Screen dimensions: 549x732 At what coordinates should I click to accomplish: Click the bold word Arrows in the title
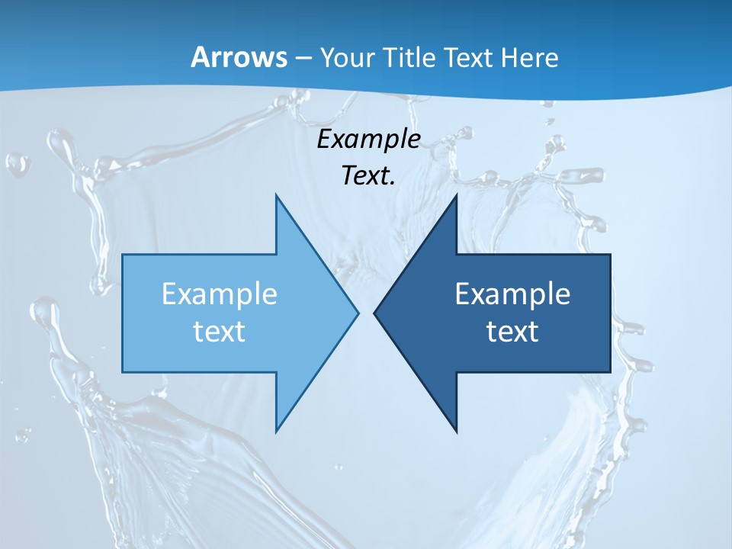coord(238,57)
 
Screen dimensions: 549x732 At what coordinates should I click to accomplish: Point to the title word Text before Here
coord(470,57)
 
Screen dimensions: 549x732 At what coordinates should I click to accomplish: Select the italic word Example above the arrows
coord(369,140)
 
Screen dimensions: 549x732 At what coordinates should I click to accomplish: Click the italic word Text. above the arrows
coord(369,176)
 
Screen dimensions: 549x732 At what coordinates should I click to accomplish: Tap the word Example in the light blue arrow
coord(220,294)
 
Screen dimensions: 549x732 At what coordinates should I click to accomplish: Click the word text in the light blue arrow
coord(220,332)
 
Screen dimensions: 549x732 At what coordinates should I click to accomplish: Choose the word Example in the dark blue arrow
coord(512,294)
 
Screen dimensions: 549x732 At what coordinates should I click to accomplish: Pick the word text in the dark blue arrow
coord(512,332)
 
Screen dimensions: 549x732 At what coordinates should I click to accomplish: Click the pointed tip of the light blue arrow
coord(358,313)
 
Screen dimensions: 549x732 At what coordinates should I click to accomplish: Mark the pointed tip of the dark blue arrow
coord(374,313)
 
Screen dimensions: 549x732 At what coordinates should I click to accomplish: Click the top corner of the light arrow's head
coord(276,195)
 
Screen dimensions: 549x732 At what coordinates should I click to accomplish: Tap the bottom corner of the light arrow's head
coord(276,431)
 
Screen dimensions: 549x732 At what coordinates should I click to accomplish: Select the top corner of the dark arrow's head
coord(456,195)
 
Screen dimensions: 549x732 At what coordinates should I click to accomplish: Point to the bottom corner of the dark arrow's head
coord(456,431)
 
